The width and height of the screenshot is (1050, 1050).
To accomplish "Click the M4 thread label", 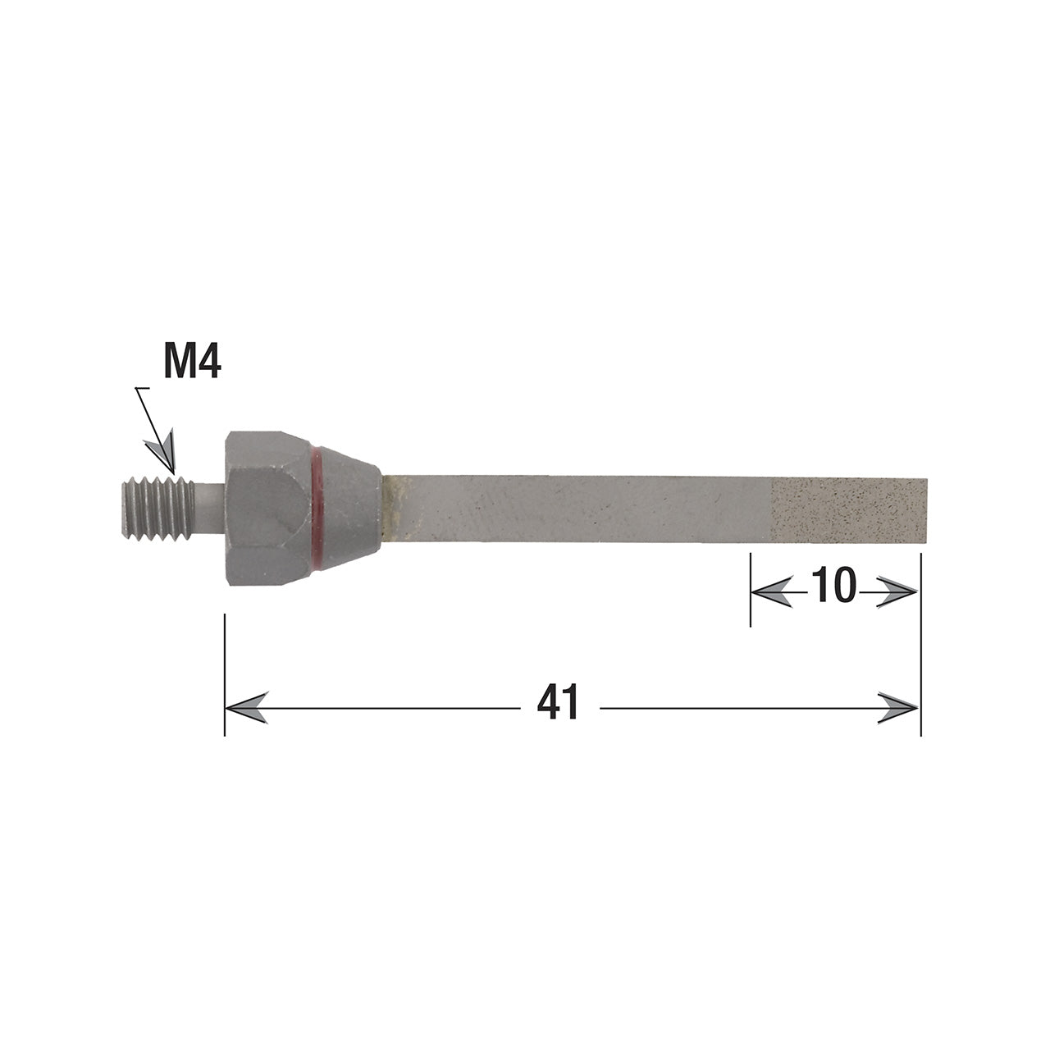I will pos(192,362).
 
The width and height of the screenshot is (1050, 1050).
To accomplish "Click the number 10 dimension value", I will pos(833,587).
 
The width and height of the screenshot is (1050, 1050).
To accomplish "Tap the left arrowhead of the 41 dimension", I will pos(246,706).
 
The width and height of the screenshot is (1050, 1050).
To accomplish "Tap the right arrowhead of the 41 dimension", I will pos(897,706).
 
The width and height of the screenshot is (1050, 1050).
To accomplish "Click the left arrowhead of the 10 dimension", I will pos(772,591).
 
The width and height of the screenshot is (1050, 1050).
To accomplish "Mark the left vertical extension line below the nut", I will pos(225,673).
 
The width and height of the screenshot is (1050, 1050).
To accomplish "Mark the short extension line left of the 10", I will pos(751,591).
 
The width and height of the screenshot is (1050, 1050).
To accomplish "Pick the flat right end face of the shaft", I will pos(926,511).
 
